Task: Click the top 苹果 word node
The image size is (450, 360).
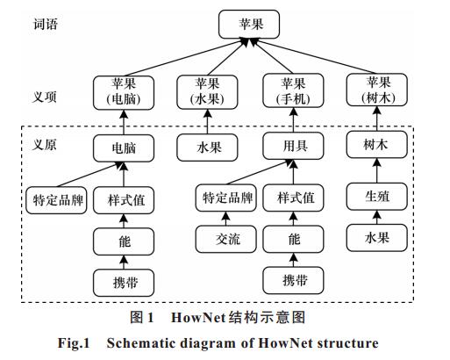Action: (249, 25)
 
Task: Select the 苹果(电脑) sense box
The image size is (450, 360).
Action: (124, 93)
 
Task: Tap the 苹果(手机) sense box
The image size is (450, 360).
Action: (293, 90)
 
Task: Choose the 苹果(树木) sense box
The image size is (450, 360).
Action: (377, 90)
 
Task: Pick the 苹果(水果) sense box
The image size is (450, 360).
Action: (207, 92)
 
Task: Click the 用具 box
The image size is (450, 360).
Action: (293, 146)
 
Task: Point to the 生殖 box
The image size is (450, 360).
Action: (377, 197)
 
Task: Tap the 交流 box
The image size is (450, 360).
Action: (226, 239)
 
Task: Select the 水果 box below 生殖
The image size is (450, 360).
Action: (377, 238)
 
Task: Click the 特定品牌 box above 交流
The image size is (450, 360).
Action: (226, 198)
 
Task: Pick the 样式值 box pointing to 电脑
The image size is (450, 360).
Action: (124, 200)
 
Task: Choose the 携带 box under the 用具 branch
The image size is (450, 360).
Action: (293, 280)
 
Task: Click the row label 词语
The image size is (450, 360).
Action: (46, 24)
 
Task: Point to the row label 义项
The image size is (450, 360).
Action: (44, 97)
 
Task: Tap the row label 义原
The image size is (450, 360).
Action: (44, 144)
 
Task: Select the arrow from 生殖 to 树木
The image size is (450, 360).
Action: (377, 170)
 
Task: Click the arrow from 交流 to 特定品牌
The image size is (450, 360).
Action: (226, 219)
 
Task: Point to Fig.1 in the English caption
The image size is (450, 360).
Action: (74, 343)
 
